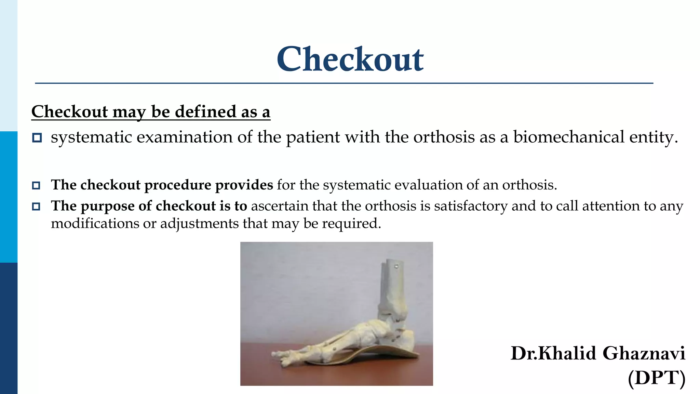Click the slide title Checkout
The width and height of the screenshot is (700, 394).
tap(350, 60)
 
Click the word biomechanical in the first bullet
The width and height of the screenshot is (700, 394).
tap(569, 137)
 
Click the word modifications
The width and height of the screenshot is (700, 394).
tap(95, 224)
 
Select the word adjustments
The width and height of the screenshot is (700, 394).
tap(199, 224)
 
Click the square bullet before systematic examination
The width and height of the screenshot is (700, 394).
tap(37, 138)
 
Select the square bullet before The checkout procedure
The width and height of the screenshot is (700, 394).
tap(36, 185)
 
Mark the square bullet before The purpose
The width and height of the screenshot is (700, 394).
tap(36, 207)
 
